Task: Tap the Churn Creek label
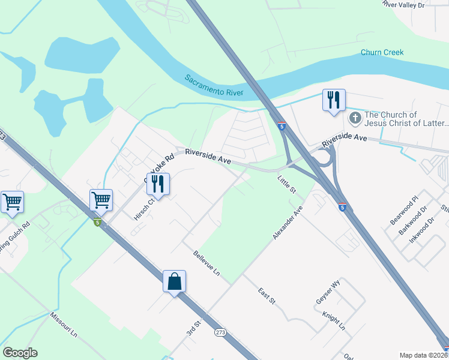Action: click(x=382, y=52)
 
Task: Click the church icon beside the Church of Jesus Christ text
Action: click(x=355, y=118)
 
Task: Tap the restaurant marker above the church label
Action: click(x=334, y=100)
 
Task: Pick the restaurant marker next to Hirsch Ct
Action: click(x=157, y=184)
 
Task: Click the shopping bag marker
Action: click(x=174, y=281)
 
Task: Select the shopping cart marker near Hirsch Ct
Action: click(x=101, y=200)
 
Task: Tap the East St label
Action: click(x=266, y=295)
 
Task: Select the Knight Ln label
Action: click(x=334, y=320)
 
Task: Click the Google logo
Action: click(x=20, y=353)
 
